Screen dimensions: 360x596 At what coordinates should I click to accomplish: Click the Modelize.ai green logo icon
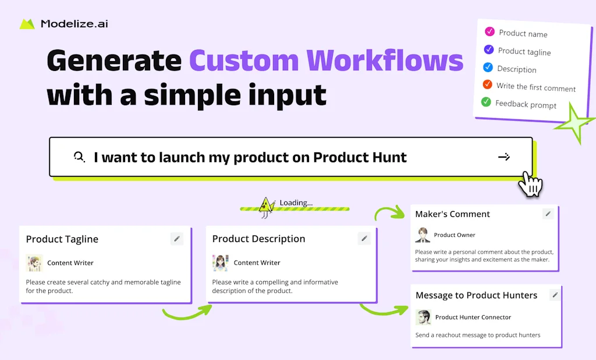point(27,24)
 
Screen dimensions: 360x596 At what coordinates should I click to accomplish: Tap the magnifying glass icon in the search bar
point(79,156)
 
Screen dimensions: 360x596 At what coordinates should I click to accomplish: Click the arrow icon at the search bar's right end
point(504,156)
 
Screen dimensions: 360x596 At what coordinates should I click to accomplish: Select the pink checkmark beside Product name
point(489,31)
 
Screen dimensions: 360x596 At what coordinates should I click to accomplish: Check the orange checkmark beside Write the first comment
point(487,84)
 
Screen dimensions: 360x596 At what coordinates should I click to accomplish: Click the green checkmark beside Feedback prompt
point(486,102)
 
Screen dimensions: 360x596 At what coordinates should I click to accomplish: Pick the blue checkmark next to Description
point(488,67)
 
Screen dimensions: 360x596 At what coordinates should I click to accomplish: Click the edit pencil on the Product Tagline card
point(177,238)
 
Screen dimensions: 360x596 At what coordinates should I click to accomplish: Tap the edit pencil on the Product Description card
point(364,238)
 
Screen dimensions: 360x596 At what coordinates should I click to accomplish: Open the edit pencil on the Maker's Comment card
point(548,214)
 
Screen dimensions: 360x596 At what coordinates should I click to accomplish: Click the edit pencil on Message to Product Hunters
point(555,295)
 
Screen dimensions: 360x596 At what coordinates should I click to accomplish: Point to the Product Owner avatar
point(423,235)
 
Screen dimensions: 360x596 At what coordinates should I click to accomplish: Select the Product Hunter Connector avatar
point(423,317)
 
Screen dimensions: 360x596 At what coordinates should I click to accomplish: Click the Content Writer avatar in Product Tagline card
point(34,263)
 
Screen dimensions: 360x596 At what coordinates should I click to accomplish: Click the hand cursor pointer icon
point(530,184)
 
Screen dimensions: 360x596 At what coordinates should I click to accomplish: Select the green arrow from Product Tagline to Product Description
point(186,312)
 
